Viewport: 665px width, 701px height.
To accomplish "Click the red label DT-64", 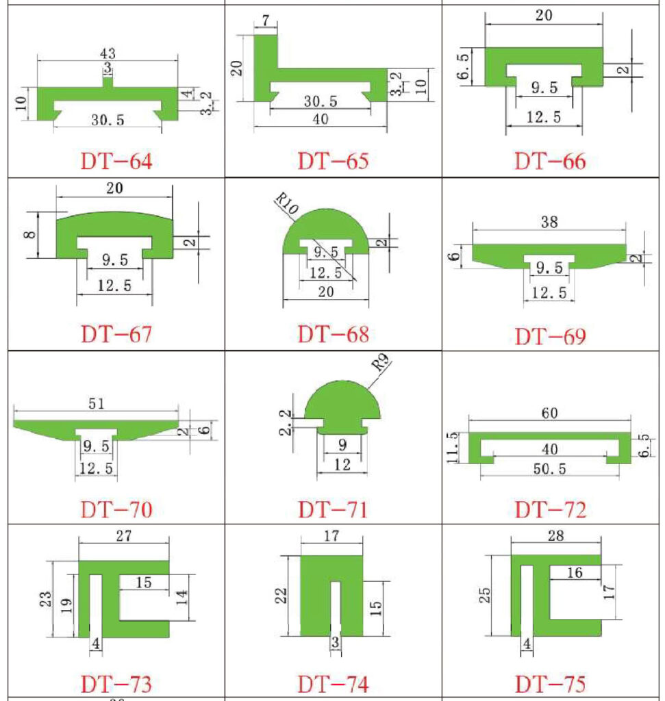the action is coord(116,162).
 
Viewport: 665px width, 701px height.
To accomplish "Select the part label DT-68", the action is coord(334,334).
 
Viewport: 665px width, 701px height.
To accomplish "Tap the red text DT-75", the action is coord(551,684).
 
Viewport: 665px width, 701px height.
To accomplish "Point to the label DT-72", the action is coord(551,509).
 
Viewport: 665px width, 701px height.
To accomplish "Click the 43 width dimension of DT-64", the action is coord(108,53).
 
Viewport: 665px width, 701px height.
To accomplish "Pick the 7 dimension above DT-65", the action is coord(266,21).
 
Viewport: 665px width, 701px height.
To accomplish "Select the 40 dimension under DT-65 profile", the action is coord(321,119).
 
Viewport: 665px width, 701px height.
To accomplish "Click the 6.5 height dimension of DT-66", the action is coord(464,66).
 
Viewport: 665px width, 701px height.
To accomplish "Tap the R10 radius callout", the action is coord(286,203).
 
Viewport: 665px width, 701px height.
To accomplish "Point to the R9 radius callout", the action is coord(380,362).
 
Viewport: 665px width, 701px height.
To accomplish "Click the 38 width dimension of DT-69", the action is coord(549,222).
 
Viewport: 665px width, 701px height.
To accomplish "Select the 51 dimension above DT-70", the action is coord(96,404).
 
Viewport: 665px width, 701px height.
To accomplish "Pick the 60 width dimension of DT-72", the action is coord(550,413).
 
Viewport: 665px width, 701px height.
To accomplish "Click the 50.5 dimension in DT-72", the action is coord(550,469).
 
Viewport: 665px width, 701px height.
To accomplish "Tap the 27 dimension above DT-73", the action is coord(124,535).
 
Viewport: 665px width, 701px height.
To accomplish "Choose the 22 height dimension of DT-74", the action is coord(281,596).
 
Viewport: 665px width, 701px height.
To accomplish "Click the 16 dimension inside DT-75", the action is coord(575,573).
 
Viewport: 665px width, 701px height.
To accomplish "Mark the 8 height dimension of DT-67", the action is coord(29,235).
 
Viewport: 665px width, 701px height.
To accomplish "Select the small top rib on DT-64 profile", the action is coord(108,83).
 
